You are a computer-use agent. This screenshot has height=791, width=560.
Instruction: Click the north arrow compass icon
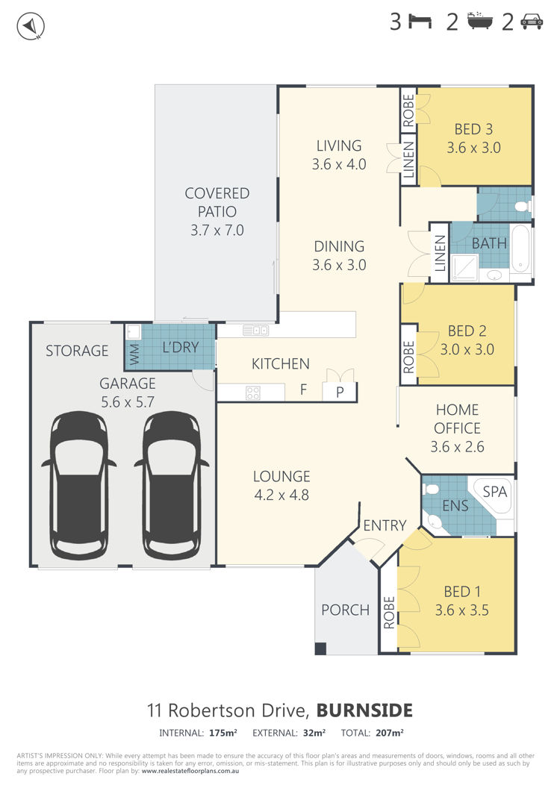point(31,25)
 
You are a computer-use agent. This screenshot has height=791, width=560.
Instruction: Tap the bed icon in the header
point(420,22)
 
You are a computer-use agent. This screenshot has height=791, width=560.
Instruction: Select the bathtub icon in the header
point(479,21)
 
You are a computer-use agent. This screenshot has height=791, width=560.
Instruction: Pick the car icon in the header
point(531,21)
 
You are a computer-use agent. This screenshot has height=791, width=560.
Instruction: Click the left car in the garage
point(79,485)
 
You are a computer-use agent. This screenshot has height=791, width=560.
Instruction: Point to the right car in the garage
point(172,485)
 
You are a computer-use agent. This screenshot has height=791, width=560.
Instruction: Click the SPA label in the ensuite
point(494,491)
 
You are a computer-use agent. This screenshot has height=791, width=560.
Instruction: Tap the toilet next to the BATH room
point(522,206)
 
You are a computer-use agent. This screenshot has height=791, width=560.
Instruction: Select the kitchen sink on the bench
point(255,331)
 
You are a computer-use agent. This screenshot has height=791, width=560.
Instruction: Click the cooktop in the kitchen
point(253,393)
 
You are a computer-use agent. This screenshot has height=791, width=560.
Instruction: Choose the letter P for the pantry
point(340,392)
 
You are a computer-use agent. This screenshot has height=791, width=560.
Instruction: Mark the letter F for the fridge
point(303,390)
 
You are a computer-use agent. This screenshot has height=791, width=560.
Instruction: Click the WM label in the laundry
point(134,354)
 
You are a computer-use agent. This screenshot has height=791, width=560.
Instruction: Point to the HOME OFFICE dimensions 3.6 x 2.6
point(457,446)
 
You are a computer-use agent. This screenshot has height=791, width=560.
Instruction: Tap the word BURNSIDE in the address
point(364,710)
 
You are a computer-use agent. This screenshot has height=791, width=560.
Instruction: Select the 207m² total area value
point(389,733)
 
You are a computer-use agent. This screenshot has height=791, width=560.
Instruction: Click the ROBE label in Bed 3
point(408,110)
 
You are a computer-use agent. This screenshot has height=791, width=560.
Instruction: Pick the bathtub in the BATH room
point(520,248)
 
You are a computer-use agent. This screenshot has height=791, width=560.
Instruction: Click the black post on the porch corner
point(320,648)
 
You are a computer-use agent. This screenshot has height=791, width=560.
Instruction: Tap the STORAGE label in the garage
point(77,351)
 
